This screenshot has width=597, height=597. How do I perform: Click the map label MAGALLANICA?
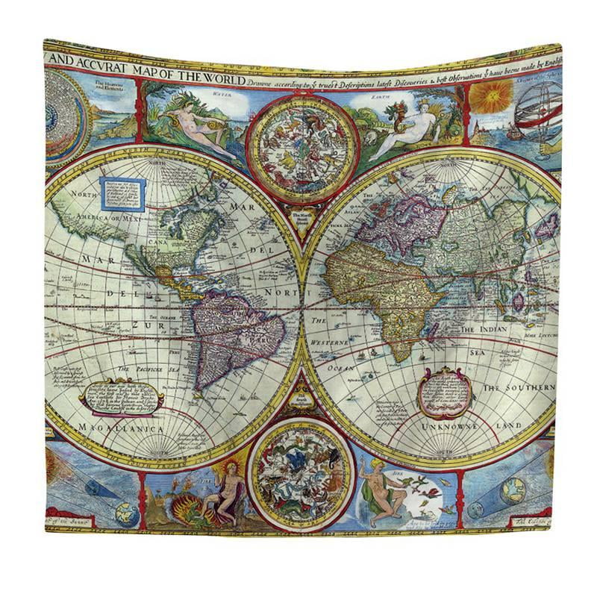[x=112, y=430]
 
